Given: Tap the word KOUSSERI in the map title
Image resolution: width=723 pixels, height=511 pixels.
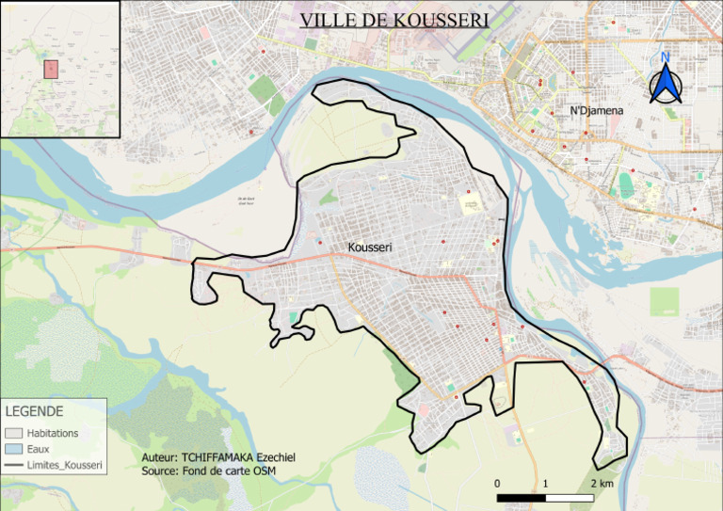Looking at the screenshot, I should pyautogui.click(x=443, y=20).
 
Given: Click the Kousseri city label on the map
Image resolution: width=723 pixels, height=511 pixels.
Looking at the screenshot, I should pyautogui.click(x=369, y=248).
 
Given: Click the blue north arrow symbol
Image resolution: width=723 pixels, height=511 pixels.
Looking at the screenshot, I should pyautogui.click(x=666, y=85).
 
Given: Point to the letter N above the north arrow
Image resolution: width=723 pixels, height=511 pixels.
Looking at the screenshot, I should pyautogui.click(x=665, y=57).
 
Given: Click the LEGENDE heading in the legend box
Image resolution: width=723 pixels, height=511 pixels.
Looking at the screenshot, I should pyautogui.click(x=34, y=412).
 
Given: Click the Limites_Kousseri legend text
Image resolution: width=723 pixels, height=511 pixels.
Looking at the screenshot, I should pyautogui.click(x=65, y=466).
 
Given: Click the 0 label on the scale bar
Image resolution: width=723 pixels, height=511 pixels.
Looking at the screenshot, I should pyautogui.click(x=497, y=484).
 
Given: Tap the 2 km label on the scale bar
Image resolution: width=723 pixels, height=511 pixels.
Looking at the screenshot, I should pyautogui.click(x=602, y=484).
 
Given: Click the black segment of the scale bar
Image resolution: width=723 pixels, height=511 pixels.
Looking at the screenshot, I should pyautogui.click(x=522, y=497).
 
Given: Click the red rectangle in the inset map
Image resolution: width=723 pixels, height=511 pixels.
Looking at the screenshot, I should pyautogui.click(x=51, y=69).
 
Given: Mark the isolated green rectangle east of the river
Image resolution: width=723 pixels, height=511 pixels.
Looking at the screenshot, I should pyautogui.click(x=664, y=301).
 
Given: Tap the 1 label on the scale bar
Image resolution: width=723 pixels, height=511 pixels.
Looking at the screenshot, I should pyautogui.click(x=546, y=484).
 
